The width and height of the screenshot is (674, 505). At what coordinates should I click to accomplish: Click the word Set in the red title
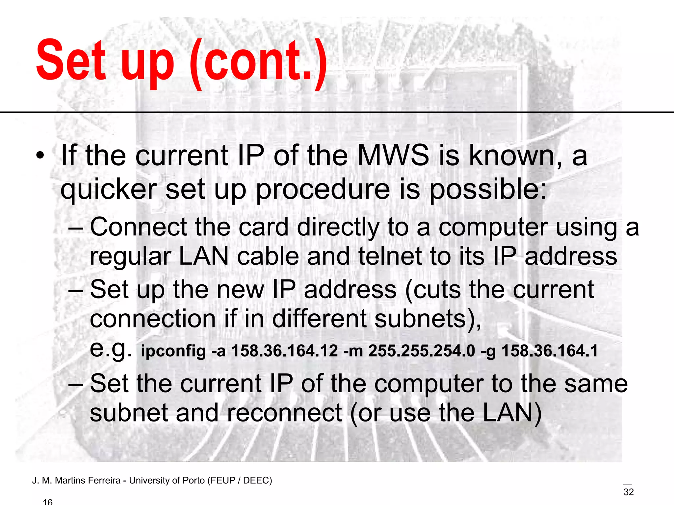point(71,61)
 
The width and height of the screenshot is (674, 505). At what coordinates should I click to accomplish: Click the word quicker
point(109,190)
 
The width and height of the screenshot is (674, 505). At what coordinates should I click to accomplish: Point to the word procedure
point(323,190)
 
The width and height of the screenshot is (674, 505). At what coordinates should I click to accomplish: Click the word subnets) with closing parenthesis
point(428,319)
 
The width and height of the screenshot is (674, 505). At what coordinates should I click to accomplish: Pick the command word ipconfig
point(173,351)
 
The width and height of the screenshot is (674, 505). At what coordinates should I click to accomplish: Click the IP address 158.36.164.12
point(284,351)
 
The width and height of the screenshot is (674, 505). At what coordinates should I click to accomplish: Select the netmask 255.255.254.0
point(422,351)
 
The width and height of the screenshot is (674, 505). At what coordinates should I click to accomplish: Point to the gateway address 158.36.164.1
point(550,351)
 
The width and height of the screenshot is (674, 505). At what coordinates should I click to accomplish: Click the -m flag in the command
point(353,351)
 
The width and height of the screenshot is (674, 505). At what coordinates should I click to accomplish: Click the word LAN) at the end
point(512,413)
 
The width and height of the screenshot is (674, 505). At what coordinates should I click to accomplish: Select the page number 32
point(629,492)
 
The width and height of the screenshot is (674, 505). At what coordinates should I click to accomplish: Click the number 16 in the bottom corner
point(48,502)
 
